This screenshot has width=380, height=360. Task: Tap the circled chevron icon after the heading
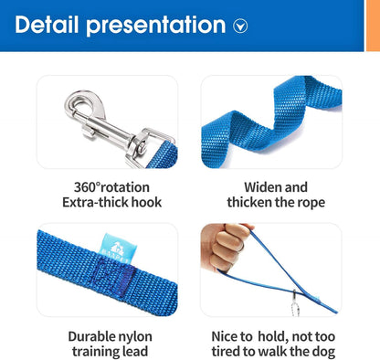[240, 26]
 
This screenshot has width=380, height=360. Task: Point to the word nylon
[139, 335]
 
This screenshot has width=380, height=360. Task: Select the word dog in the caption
[323, 352]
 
